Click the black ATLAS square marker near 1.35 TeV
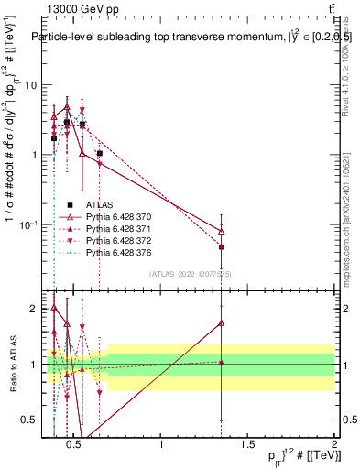tap(222, 246)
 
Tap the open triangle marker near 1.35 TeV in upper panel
tap(222, 231)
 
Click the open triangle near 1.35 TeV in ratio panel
tap(222, 322)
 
